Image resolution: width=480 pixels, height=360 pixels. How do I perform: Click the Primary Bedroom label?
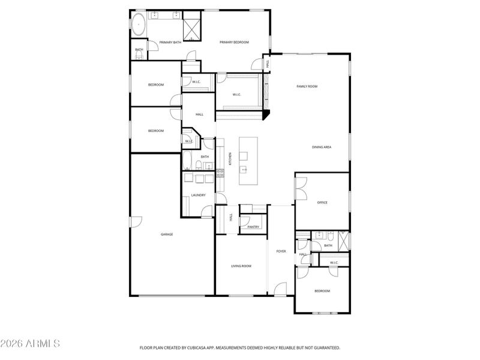coord(234,42)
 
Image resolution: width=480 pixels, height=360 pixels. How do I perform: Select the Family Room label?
coord(307,86)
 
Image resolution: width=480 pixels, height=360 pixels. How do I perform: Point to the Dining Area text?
coord(322,147)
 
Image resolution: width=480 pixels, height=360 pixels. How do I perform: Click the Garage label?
coord(167,234)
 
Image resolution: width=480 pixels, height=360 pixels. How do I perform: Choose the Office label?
coord(322,203)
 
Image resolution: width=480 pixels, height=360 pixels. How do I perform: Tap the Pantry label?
coord(253,227)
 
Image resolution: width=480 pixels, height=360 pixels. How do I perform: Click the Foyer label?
coord(281,251)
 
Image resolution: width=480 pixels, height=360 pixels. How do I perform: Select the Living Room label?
coord(241,266)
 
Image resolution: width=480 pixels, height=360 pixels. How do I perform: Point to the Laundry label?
coord(199,195)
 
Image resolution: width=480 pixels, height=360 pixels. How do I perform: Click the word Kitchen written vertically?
coord(230,159)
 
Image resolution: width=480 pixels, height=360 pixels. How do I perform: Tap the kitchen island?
coord(248,161)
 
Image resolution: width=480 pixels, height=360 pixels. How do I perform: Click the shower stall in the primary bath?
coord(192,27)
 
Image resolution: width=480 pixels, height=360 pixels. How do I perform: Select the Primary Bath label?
coord(170,42)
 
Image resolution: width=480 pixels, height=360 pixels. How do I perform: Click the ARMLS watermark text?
coord(30,344)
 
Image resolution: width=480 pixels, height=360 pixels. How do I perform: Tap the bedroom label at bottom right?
coord(322,291)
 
